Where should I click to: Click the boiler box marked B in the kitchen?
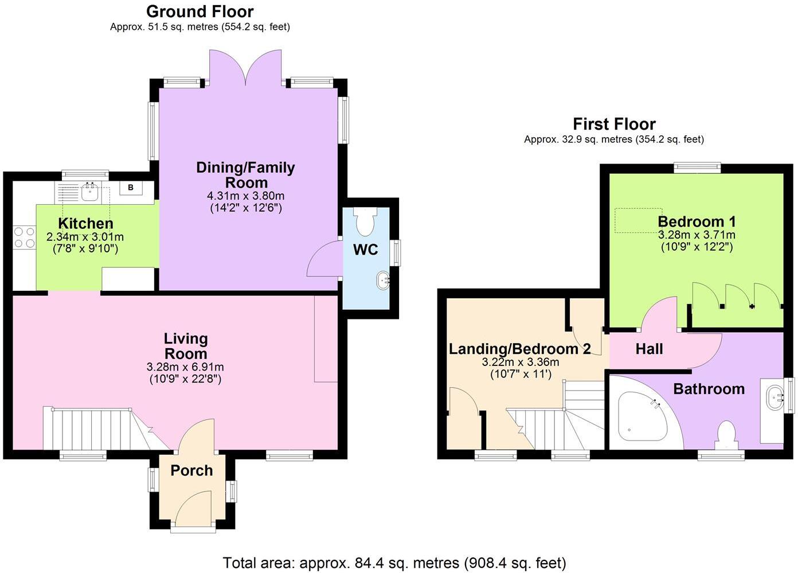131,188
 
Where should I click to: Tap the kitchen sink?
89,192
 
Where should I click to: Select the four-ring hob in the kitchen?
24,237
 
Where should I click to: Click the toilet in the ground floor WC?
365,222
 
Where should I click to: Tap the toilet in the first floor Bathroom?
726,434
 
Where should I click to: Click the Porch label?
191,470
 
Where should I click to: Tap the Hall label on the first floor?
649,349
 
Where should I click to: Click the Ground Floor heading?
199,11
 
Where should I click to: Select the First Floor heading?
614,124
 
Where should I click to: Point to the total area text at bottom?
394,563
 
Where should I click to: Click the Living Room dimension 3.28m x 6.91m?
185,367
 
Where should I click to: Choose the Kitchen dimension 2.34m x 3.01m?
85,237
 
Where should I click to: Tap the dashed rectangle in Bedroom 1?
638,221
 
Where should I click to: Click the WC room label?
365,250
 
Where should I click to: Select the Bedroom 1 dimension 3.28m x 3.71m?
697,235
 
